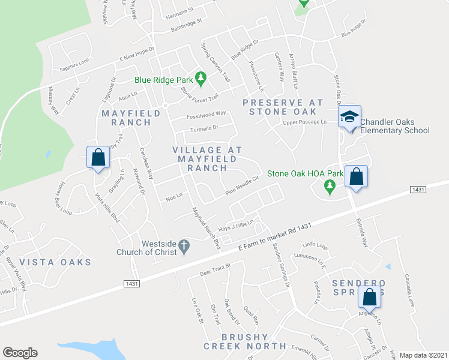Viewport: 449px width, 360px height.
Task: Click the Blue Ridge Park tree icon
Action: (x=201, y=78)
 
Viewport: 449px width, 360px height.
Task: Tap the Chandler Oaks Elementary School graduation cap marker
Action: (x=349, y=117)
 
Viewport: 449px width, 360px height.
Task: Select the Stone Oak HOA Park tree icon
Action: (x=329, y=187)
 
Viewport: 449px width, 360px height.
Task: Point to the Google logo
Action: (x=20, y=352)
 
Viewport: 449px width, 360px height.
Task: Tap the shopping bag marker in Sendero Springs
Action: (x=368, y=297)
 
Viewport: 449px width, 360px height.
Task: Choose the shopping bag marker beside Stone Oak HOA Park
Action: (x=356, y=177)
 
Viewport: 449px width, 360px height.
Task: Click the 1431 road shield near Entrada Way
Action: (x=419, y=189)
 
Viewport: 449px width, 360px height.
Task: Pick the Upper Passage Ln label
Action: (x=304, y=122)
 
